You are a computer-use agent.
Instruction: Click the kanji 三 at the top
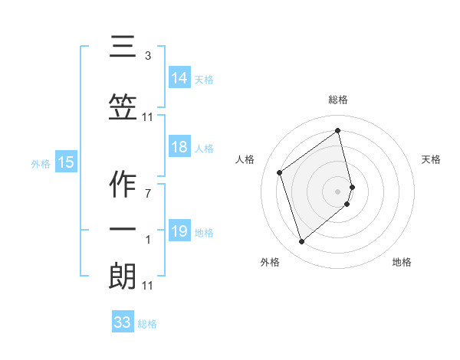click(x=123, y=47)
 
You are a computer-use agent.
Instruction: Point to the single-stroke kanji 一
click(x=123, y=231)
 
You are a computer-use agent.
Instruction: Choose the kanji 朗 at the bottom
click(x=123, y=277)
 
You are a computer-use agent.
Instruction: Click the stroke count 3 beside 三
click(x=148, y=56)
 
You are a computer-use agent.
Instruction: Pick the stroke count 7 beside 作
click(x=148, y=192)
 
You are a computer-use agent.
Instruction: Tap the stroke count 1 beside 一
click(x=148, y=240)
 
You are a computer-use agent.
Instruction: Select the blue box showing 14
click(x=179, y=78)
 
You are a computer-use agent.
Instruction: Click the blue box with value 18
click(x=179, y=148)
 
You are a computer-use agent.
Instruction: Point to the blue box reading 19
click(x=179, y=231)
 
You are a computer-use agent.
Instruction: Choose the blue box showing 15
click(x=66, y=162)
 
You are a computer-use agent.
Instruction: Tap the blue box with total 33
click(x=123, y=322)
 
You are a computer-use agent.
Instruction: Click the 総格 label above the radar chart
click(x=338, y=100)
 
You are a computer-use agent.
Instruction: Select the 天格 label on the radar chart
click(x=432, y=159)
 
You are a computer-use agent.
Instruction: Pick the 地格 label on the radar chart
click(x=402, y=262)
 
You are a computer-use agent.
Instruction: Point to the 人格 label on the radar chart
click(x=245, y=159)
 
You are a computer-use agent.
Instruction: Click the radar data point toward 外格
click(x=301, y=242)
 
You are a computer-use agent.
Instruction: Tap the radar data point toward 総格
click(x=338, y=130)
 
